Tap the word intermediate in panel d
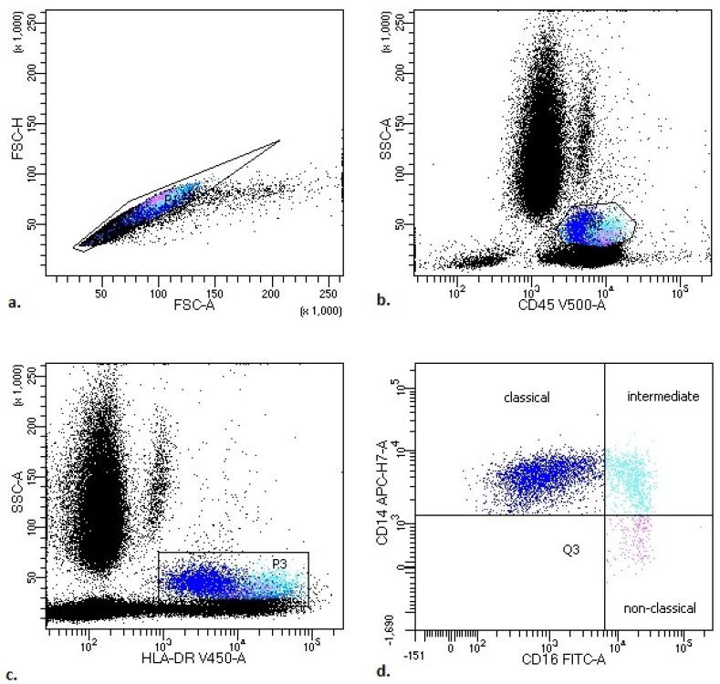(663, 397)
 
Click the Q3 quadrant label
(572, 549)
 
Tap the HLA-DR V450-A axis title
(182, 658)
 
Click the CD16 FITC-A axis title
(558, 662)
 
